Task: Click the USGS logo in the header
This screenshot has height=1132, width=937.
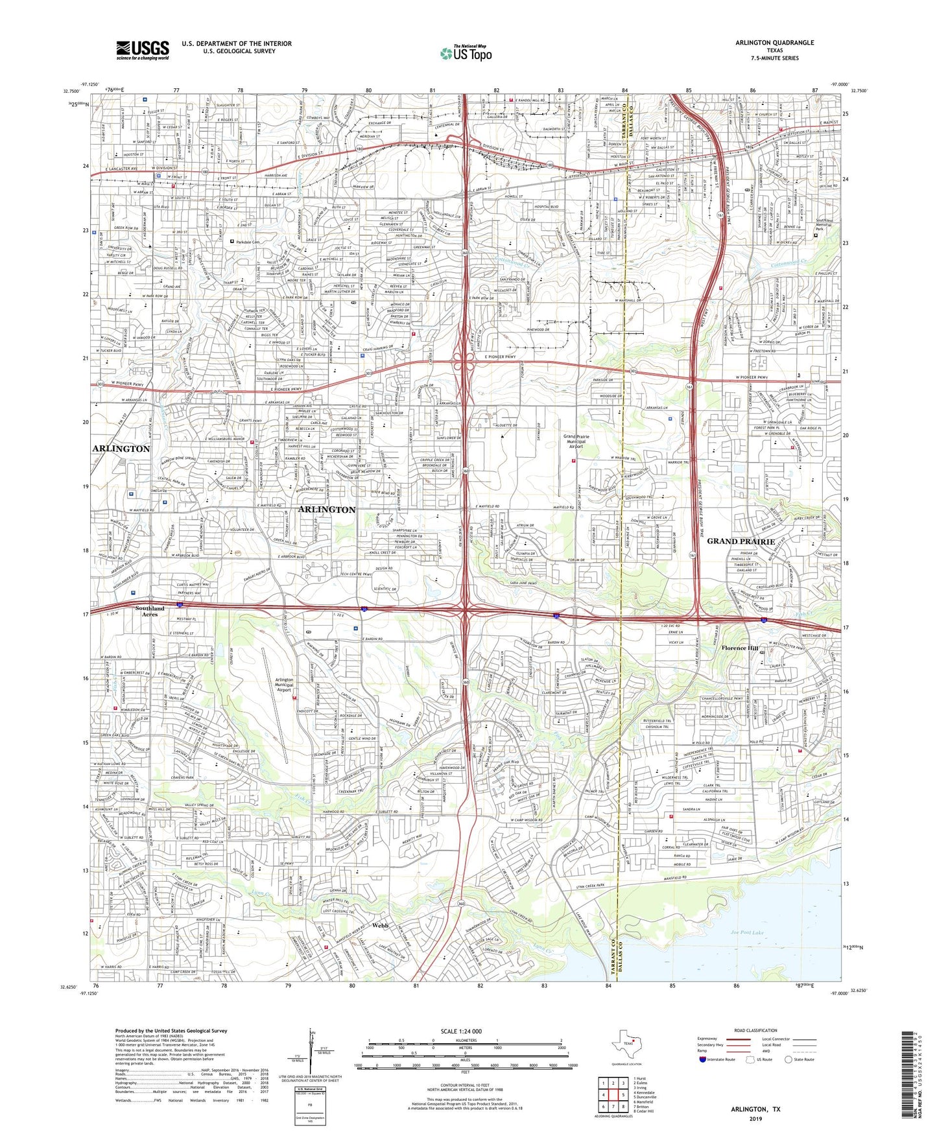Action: click(x=143, y=50)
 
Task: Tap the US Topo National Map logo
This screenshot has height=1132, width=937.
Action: click(x=466, y=53)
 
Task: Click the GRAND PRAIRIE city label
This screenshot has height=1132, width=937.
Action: click(x=741, y=541)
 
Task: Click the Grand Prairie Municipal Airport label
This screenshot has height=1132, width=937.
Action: click(x=576, y=442)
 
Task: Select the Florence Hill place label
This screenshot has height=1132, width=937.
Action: click(x=740, y=648)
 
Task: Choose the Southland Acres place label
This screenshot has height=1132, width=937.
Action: click(x=150, y=611)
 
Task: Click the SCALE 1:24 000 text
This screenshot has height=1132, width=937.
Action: click(x=468, y=1032)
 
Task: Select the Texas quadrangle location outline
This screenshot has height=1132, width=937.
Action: click(x=626, y=1045)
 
